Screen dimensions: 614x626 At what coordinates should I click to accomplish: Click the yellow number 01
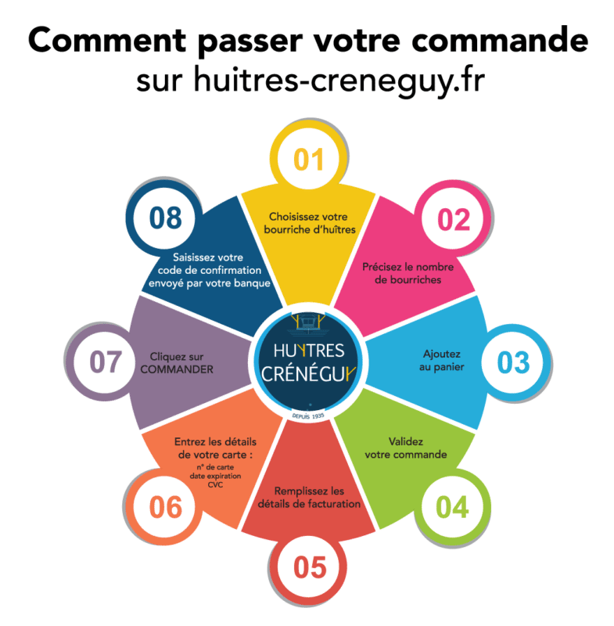(308, 160)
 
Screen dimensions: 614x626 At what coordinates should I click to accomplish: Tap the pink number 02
(454, 220)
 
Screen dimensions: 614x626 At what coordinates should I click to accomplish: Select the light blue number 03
(513, 362)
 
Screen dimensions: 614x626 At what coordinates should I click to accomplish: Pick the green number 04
(452, 507)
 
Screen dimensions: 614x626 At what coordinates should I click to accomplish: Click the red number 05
(310, 567)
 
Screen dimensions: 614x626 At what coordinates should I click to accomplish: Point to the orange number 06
(166, 507)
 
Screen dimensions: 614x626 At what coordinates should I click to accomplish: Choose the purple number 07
(106, 362)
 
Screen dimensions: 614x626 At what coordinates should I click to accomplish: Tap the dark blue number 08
(166, 218)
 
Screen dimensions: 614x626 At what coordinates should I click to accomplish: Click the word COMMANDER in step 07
(177, 369)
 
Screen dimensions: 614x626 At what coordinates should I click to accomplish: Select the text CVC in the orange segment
(215, 484)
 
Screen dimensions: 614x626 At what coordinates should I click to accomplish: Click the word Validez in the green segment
(406, 441)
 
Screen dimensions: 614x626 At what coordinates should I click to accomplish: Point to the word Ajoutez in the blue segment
(442, 354)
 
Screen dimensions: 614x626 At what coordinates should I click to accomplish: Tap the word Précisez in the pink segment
(381, 267)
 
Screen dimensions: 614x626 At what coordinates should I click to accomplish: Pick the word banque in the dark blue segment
(252, 283)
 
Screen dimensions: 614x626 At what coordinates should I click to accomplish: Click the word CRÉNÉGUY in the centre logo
(307, 374)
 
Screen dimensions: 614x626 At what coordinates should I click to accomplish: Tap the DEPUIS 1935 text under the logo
(308, 416)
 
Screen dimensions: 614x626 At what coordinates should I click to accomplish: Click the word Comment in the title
(107, 41)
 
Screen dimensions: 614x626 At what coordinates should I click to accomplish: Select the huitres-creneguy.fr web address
(339, 80)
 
